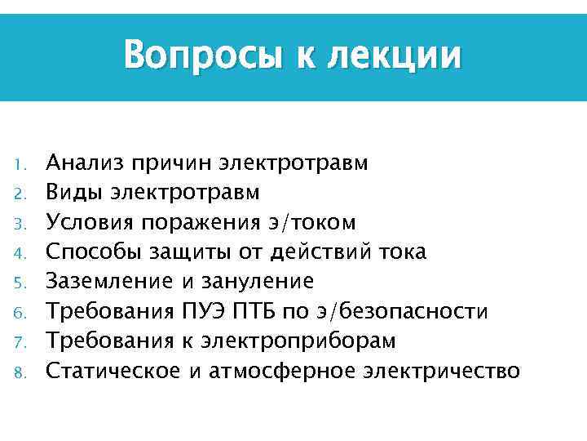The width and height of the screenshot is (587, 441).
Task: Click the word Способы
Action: point(92,252)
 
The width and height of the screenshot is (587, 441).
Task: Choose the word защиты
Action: point(188,252)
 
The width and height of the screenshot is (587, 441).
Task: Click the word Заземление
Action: point(108,281)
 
